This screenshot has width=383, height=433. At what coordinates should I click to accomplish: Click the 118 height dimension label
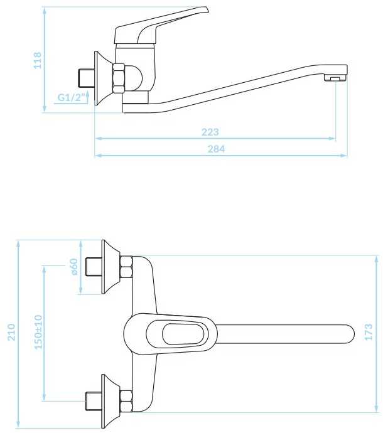37,60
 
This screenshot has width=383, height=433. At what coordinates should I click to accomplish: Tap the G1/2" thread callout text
72,97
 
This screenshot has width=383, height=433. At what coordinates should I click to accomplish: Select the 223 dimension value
210,132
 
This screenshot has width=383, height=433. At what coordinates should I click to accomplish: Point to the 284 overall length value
216,149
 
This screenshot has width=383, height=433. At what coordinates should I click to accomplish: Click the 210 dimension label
11,332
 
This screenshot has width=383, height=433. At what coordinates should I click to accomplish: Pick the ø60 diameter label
74,267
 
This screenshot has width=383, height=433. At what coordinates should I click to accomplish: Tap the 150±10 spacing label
38,332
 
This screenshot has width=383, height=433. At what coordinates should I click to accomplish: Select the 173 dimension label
369,332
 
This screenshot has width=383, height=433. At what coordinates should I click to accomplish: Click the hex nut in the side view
119,78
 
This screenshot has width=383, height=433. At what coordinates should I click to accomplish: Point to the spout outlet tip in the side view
336,78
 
